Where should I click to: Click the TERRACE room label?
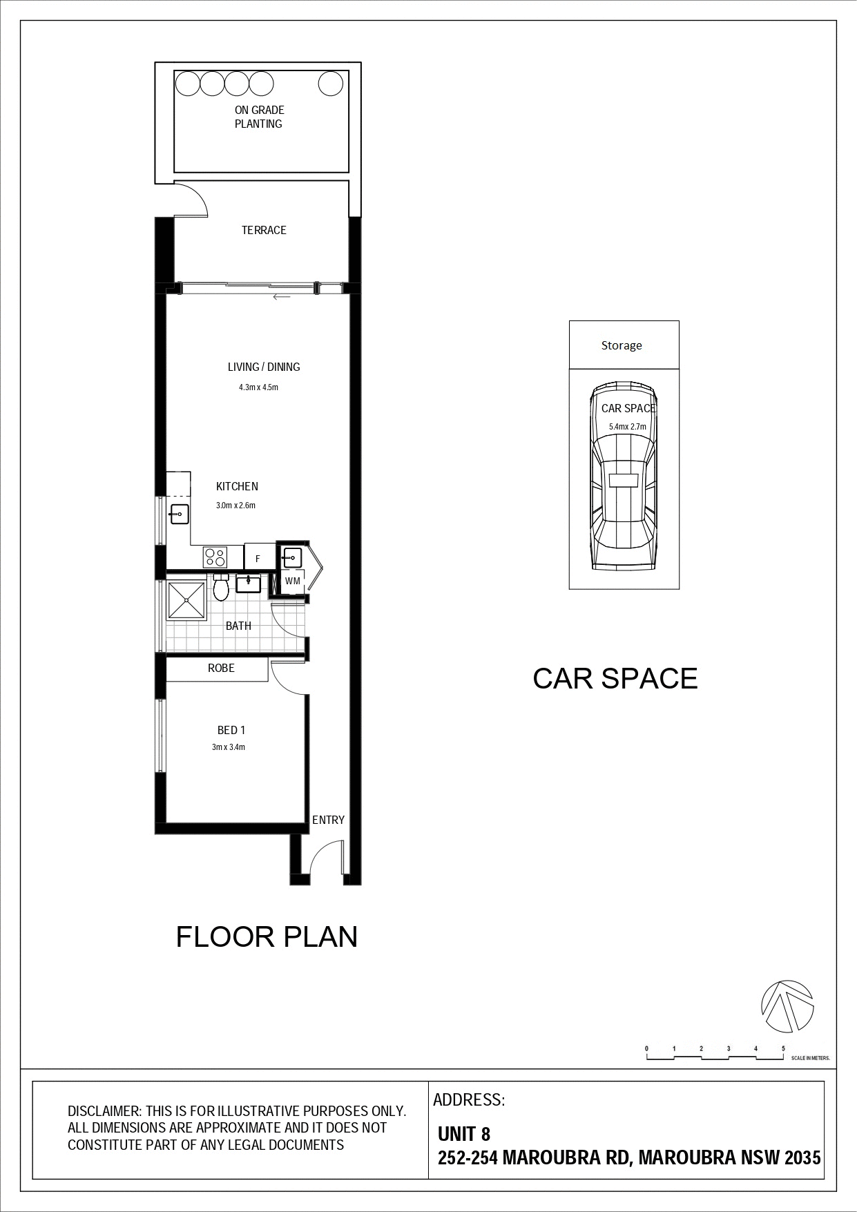click(264, 230)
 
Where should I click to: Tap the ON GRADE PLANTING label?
click(259, 117)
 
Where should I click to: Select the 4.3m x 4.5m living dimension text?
click(258, 387)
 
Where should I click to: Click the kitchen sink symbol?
click(180, 513)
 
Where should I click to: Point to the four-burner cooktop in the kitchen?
click(215, 557)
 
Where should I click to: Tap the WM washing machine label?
click(293, 581)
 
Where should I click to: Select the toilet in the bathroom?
click(221, 588)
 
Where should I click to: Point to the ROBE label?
click(221, 668)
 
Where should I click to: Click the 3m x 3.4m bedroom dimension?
click(229, 747)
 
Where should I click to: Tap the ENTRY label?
click(328, 820)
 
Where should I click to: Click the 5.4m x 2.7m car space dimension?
click(628, 427)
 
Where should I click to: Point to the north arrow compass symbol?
click(787, 1006)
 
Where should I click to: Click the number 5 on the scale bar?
click(783, 1048)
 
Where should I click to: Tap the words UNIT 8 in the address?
click(464, 1133)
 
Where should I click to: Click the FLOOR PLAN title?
click(267, 937)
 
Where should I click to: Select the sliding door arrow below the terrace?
click(282, 298)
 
